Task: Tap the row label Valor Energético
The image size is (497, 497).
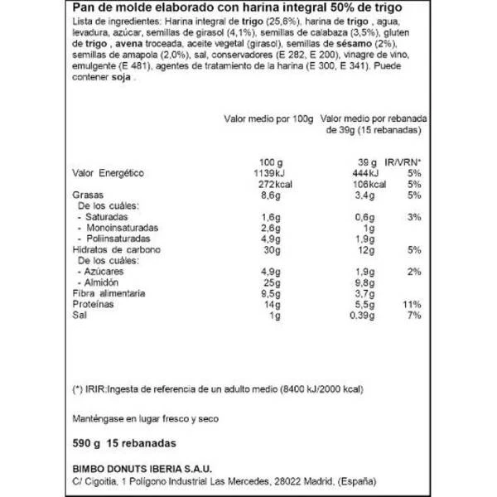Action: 104,172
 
